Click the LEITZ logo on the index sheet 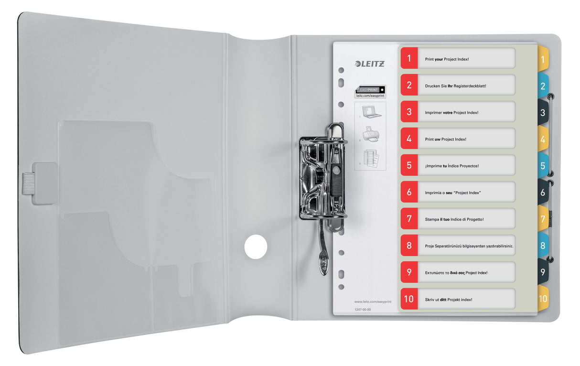click(369, 63)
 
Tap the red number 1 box click(409, 59)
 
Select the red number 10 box click(409, 300)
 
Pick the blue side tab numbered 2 click(543, 86)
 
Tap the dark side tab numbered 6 click(543, 193)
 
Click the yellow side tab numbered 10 click(543, 299)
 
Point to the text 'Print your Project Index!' click(447, 59)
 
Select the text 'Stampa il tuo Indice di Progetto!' click(454, 219)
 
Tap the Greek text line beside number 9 click(456, 273)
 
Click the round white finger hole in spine click(256, 247)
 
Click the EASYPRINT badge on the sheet click(370, 89)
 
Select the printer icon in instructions click(371, 134)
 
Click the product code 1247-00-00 click(363, 310)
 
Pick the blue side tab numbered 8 click(543, 247)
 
